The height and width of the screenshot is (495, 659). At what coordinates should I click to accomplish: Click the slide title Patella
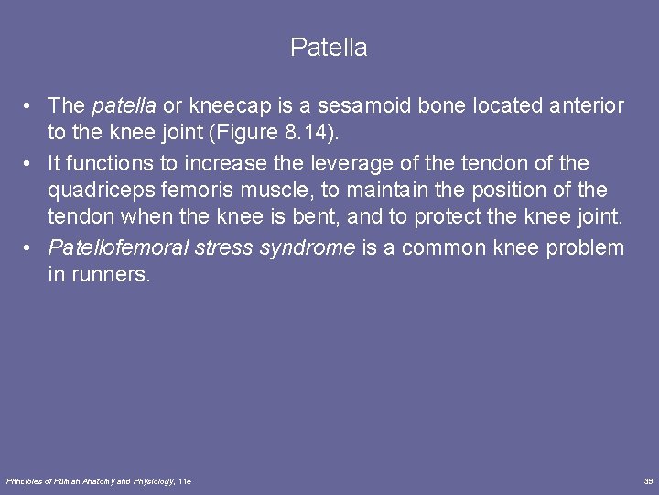pos(329,48)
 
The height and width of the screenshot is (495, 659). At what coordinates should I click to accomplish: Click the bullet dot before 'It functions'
pos(30,164)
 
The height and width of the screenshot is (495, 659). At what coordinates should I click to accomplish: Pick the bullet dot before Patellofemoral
pos(30,248)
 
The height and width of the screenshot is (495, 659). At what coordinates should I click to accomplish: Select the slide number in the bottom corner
pos(648,481)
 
